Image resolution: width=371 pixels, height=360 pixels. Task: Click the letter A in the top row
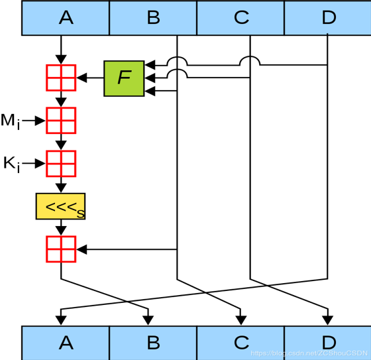point(66,17)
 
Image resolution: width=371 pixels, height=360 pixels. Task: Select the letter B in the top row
point(153,17)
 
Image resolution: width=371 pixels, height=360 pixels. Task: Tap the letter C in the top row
point(241,17)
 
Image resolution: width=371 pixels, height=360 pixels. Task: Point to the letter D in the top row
point(329,17)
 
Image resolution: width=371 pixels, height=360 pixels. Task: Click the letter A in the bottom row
point(66,343)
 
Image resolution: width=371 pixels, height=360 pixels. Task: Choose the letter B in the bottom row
point(153,343)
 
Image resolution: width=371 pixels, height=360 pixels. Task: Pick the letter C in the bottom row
point(241,343)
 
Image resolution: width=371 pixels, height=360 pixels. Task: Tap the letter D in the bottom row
point(329,343)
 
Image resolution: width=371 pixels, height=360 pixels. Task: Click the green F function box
point(124,78)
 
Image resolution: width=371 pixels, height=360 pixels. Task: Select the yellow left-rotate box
point(60,206)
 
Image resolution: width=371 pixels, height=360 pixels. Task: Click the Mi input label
point(11,121)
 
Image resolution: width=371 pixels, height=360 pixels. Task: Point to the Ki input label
point(12,164)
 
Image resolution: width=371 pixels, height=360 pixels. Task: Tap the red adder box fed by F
point(61,78)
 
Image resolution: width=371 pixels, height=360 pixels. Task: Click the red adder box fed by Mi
point(61,120)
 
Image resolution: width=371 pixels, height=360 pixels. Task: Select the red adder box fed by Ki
point(61,163)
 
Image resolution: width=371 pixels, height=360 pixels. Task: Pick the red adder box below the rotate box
point(61,249)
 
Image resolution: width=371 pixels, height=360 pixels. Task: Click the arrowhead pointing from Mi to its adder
point(40,121)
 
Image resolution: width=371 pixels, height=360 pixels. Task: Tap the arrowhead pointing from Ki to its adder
point(40,163)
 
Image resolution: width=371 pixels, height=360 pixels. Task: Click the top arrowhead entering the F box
point(150,65)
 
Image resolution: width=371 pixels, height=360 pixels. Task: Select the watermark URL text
point(309,353)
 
